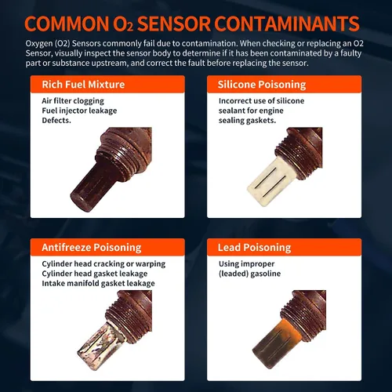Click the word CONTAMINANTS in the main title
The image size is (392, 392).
point(287,24)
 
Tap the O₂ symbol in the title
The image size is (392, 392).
point(123,24)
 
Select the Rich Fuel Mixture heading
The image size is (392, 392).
point(83,85)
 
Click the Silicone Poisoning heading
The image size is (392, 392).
point(262,85)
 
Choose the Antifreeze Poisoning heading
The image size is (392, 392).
point(92,248)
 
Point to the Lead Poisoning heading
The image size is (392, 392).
point(254,248)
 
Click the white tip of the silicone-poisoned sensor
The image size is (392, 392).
point(269,182)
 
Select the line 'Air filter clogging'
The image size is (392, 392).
point(73,101)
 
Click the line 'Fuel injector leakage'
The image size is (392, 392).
point(79,111)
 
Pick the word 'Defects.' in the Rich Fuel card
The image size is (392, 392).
point(56,121)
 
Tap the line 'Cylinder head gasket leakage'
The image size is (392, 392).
point(95,274)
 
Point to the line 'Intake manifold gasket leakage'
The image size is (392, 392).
point(98,284)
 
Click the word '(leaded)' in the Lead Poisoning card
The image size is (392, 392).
point(234,274)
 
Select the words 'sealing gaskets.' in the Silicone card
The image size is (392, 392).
point(247,121)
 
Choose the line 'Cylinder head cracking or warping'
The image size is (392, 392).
point(103,264)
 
